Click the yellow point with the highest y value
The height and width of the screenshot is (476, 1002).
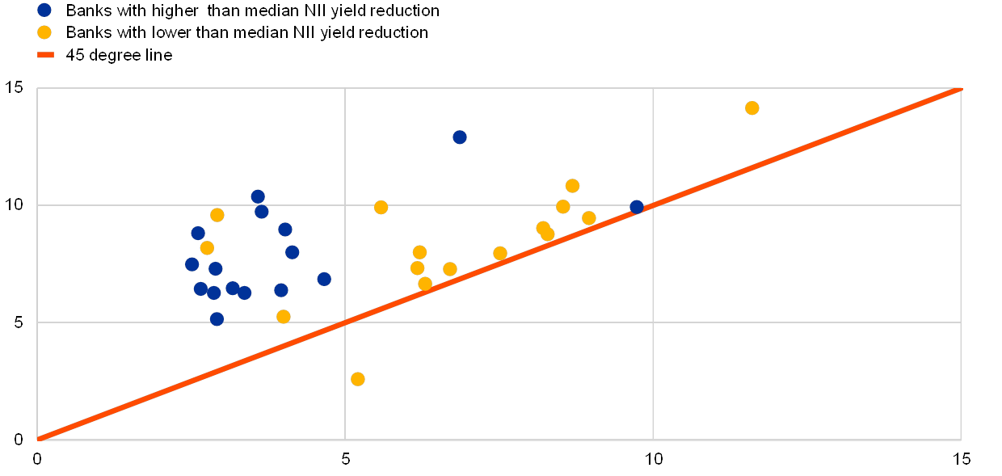click(751, 107)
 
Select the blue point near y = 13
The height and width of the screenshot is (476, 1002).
click(460, 137)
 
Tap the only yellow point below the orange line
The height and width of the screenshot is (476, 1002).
click(358, 379)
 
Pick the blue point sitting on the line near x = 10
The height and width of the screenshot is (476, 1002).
click(637, 207)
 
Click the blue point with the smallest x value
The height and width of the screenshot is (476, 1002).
click(192, 264)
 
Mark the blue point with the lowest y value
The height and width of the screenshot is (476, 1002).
click(217, 318)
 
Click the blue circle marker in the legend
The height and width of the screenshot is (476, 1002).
click(45, 11)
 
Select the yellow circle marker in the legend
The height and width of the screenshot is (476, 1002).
click(45, 33)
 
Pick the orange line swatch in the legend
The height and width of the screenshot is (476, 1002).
click(45, 55)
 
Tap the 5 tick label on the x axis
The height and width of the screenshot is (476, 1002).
click(345, 458)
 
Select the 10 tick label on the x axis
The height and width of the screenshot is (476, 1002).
click(653, 458)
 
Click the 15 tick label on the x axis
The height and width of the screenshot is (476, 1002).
click(961, 458)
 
